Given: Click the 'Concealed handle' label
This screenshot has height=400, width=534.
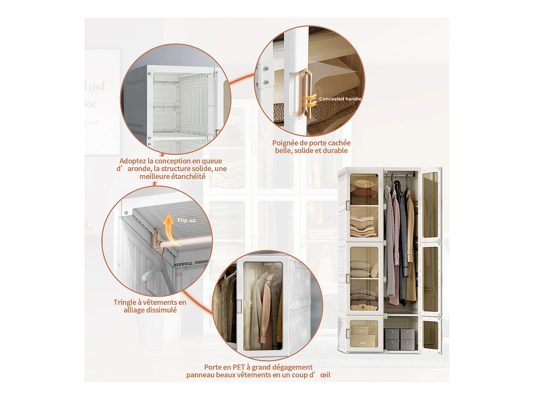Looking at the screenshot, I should (340, 99).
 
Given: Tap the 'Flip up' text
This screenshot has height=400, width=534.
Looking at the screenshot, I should (187, 220).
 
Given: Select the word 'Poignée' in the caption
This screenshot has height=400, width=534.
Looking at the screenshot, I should (285, 143).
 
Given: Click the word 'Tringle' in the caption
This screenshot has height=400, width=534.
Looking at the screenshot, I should (125, 303).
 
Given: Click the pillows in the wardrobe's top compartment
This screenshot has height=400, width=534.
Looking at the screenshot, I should (363, 188).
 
